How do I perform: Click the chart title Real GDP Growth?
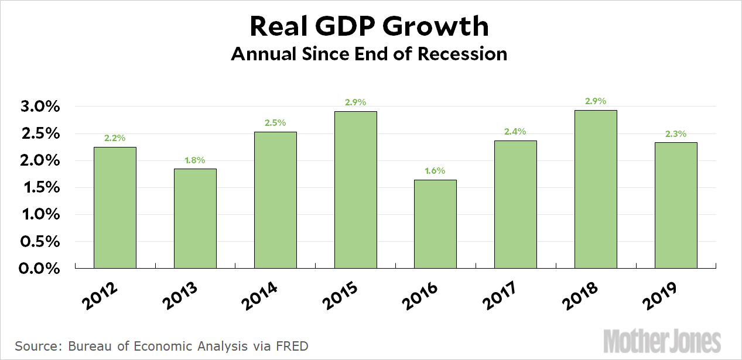click(370, 27)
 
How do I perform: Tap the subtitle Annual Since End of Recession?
click(369, 54)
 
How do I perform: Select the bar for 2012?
click(115, 207)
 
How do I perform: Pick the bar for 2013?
click(195, 218)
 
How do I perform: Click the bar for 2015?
click(355, 190)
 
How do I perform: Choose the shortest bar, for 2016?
click(435, 224)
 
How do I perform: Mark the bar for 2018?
click(596, 189)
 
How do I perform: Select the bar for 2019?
click(676, 205)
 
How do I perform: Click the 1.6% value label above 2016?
click(435, 171)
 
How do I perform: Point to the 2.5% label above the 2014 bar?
click(275, 123)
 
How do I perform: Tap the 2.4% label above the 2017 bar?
click(515, 132)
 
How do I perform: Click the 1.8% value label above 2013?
click(195, 160)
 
